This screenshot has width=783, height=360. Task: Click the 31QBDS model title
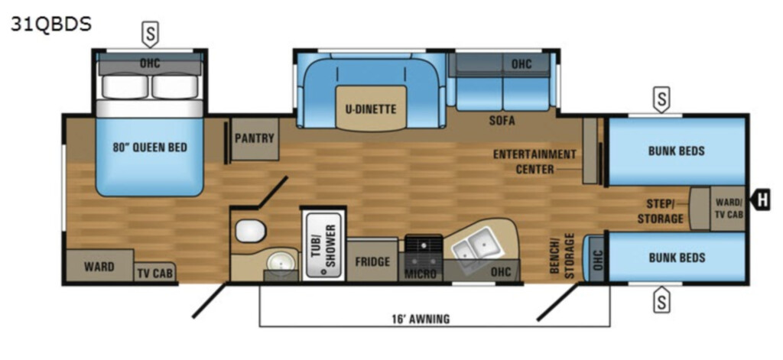(x=51, y=24)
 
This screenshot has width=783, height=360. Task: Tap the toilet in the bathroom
(x=251, y=231)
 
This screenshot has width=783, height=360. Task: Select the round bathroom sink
(x=281, y=261)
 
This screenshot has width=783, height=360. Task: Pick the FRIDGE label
(x=372, y=261)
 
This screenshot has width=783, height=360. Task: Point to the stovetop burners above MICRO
(x=424, y=244)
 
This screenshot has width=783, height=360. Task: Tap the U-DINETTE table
(x=371, y=109)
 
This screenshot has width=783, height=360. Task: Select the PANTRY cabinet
(x=255, y=139)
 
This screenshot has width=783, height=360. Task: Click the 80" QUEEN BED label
(x=150, y=148)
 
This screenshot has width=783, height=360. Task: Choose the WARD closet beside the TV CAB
(x=99, y=266)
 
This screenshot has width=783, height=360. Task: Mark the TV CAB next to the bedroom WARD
(x=154, y=272)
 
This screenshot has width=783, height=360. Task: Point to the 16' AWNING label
(x=420, y=319)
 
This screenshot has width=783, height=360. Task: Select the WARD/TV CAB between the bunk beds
(x=728, y=208)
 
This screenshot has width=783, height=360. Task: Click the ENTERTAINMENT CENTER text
(x=534, y=161)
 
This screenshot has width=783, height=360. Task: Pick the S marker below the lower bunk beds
(x=661, y=300)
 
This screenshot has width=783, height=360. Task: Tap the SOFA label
(x=502, y=121)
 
